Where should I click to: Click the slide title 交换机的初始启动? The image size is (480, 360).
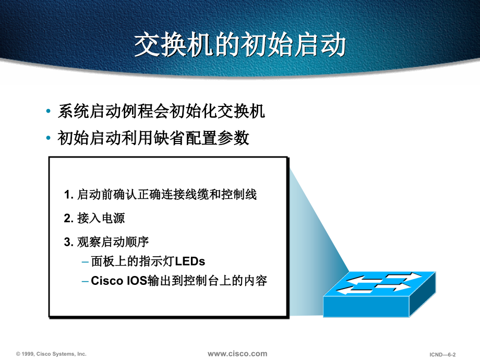pos(240,45)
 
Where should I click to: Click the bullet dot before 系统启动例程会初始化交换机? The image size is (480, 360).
pos(49,111)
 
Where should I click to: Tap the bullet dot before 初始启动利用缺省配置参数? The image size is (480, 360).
pos(49,138)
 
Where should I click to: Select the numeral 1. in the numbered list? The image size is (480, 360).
pos(68,195)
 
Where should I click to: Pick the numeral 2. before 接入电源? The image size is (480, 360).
pos(68,218)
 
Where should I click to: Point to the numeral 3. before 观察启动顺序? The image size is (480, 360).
pos(68,242)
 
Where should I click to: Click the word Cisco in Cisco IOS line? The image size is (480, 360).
pos(107,281)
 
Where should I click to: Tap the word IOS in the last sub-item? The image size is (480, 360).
pos(137,281)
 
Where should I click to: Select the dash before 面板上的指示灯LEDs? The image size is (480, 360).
pos(86,262)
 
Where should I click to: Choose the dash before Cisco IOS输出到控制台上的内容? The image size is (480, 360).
pos(86,281)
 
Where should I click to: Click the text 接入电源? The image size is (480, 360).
pos(101,218)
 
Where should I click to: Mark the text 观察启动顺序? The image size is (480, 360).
pos(113,242)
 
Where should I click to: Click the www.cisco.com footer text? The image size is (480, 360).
pos(237,354)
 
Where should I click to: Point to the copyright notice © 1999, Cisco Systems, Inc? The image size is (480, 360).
pos(51,354)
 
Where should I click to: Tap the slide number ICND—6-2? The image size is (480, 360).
pos(442,354)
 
